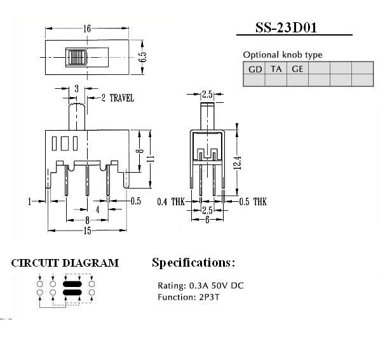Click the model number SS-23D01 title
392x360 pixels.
[286, 28]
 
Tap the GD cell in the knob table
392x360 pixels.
[255, 69]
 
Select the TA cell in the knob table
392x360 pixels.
[276, 69]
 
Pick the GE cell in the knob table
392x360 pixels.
[297, 69]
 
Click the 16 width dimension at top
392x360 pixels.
[87, 29]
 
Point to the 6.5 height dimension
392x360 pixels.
[142, 57]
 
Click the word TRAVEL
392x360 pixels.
[122, 98]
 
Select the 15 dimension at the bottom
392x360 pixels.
[87, 230]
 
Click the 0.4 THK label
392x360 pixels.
[171, 202]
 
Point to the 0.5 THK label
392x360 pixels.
[253, 202]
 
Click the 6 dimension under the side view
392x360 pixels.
[207, 220]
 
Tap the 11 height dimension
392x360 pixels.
[151, 159]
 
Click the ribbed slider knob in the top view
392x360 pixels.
[76, 58]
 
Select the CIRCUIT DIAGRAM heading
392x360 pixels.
[65, 263]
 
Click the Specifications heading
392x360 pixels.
[194, 263]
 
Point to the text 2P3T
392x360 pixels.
[210, 297]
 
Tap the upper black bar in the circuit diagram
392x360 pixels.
[72, 284]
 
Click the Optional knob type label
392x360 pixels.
[283, 55]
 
